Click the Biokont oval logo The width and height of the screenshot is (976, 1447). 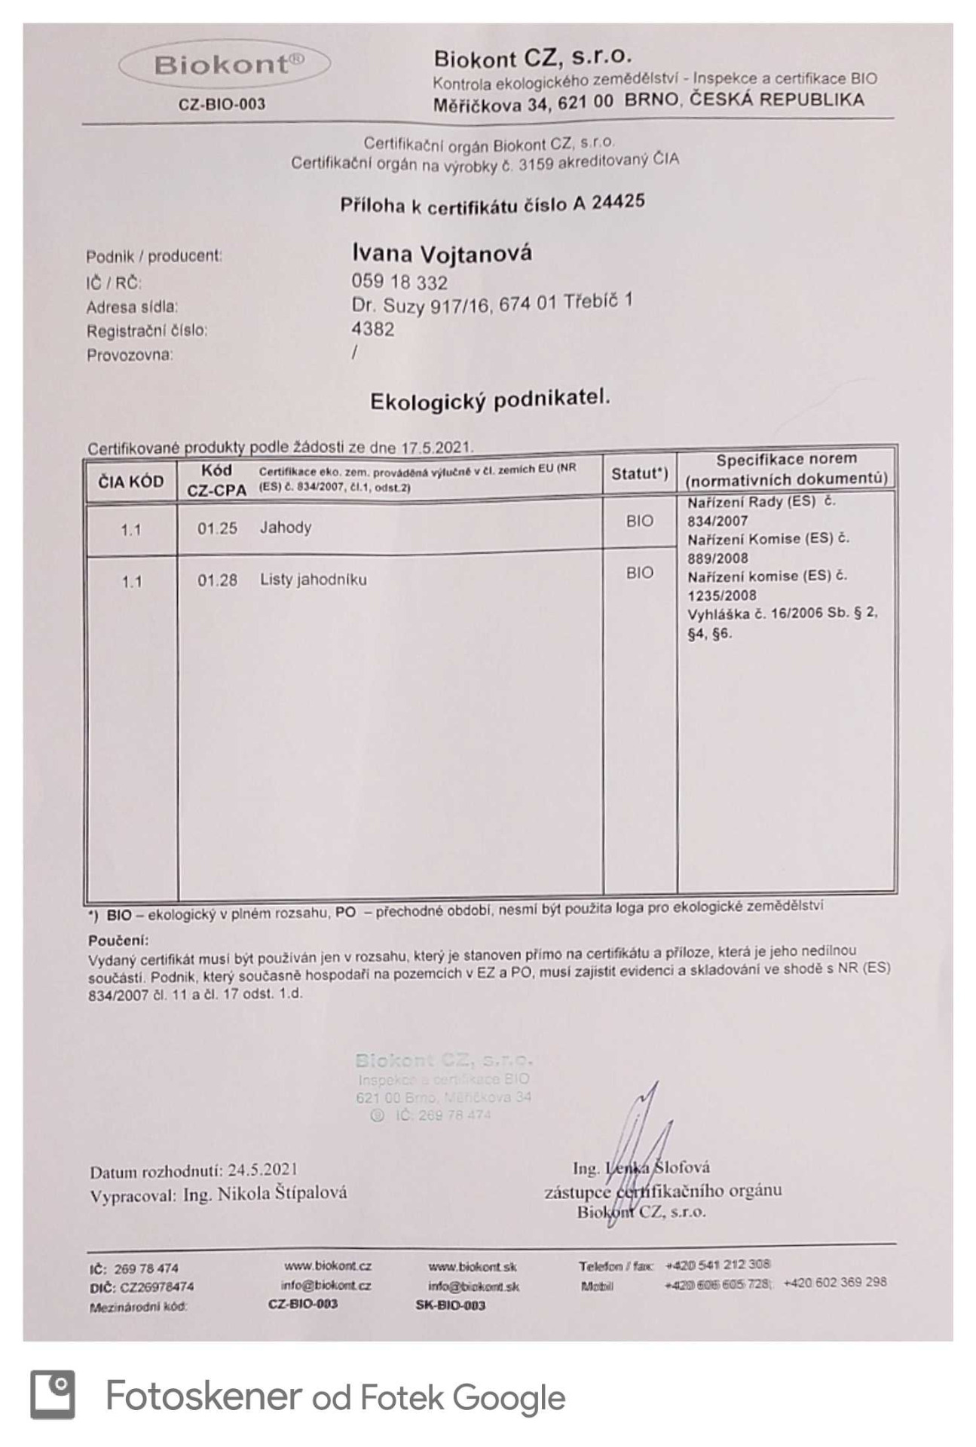click(224, 65)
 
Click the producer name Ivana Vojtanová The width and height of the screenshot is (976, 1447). click(442, 253)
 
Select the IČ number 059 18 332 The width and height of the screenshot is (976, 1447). click(399, 283)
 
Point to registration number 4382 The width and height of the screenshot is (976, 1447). click(372, 329)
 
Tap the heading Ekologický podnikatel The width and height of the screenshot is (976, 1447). click(490, 399)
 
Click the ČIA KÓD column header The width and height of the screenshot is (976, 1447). click(131, 482)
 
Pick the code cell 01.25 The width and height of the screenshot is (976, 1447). click(217, 528)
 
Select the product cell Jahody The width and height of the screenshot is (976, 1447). click(286, 528)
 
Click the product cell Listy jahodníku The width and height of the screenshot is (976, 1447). click(314, 580)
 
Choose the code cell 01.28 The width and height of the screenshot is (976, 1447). click(217, 580)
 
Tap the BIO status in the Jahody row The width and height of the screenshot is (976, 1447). click(639, 521)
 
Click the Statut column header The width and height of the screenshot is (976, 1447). click(639, 474)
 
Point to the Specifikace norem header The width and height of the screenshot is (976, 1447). click(786, 469)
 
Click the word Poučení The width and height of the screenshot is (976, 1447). click(118, 941)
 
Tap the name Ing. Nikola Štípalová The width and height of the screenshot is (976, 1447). click(265, 1194)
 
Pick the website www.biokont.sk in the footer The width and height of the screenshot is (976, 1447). click(473, 1266)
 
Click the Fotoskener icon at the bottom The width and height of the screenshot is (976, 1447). click(53, 1395)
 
